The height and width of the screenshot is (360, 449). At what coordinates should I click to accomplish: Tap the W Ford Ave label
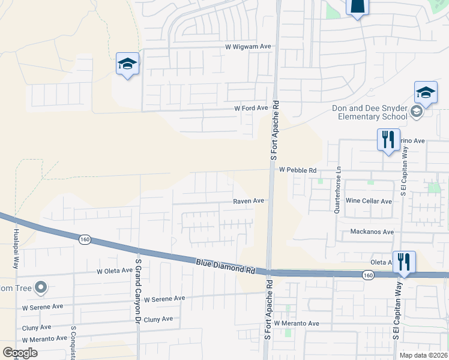251,108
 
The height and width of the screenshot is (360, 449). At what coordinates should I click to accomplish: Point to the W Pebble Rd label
298,170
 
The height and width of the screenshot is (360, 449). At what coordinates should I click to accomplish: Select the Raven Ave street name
249,201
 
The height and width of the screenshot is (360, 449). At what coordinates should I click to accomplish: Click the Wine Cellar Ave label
369,201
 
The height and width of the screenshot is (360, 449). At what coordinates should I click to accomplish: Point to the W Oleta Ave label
115,271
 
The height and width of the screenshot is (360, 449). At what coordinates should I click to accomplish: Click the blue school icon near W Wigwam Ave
128,64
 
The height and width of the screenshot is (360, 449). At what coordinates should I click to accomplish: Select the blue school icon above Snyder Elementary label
426,92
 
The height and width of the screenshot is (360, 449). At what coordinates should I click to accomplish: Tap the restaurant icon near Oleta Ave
403,262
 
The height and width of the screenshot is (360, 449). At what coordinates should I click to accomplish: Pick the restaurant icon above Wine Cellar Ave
388,140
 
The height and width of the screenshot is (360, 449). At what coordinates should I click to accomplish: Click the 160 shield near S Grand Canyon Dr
84,239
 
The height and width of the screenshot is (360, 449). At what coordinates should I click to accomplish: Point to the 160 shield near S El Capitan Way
367,274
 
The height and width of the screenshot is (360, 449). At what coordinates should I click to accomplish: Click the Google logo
20,353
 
